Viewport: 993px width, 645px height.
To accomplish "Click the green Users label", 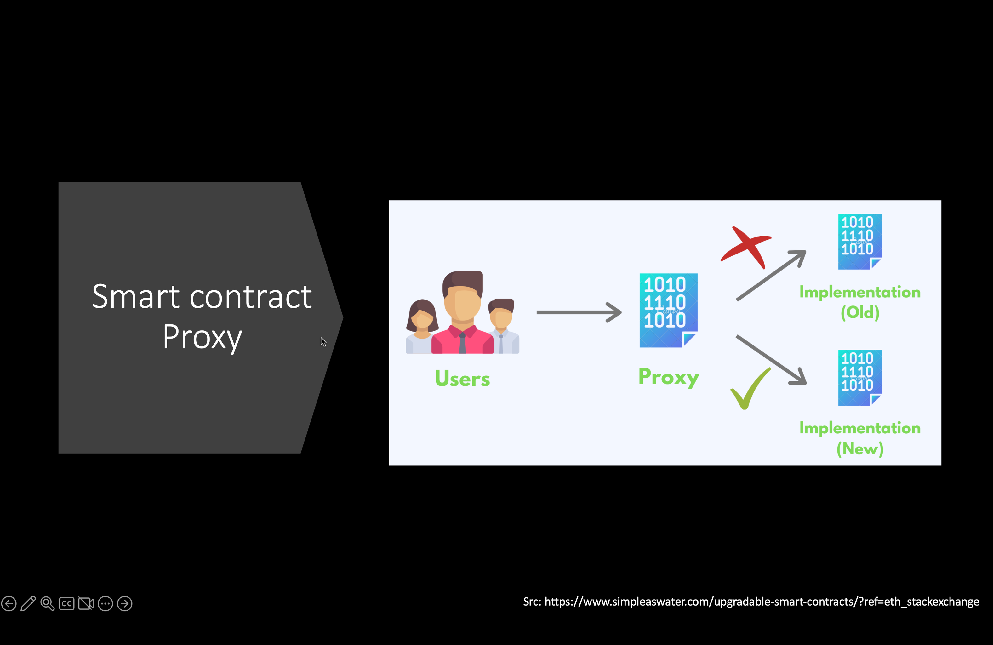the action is (462, 379).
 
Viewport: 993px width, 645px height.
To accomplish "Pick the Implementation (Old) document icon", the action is (860, 242).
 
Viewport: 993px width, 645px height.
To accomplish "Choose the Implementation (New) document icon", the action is (860, 378).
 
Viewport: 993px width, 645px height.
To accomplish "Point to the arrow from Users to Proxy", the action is (579, 312).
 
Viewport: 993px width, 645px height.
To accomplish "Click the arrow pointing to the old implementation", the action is (771, 275).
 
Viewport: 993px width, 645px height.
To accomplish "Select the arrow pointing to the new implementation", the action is (771, 360).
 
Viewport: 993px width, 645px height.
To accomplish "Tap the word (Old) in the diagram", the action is (860, 312).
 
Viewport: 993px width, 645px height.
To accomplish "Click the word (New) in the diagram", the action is (860, 448).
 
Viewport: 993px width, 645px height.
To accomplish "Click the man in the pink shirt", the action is (462, 313).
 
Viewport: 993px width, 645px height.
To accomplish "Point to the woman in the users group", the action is (422, 327).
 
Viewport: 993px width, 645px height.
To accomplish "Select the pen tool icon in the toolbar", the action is (28, 603).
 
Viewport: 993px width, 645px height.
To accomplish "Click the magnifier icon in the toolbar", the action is (47, 603).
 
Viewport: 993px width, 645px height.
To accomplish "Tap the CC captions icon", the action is (67, 604).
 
